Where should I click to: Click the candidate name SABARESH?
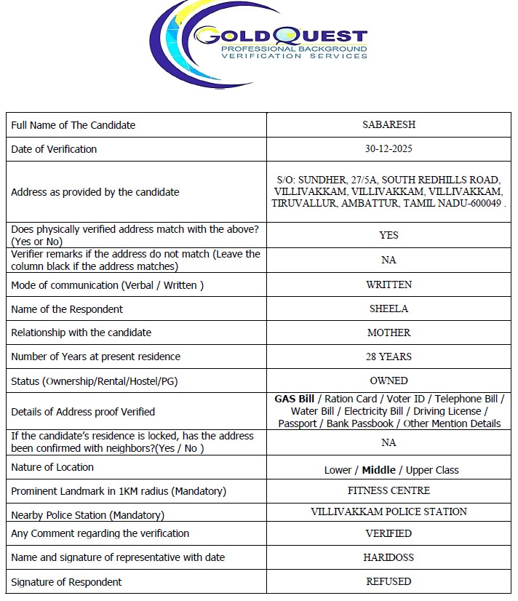(x=388, y=124)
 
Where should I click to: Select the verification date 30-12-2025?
(x=388, y=149)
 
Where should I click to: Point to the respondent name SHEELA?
(x=388, y=309)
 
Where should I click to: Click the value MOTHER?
(x=388, y=333)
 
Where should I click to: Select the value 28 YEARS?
(x=388, y=357)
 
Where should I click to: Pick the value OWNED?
(x=388, y=381)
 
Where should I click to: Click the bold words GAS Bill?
(x=294, y=399)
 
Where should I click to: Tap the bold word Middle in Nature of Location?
(x=378, y=470)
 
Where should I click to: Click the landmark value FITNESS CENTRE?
(x=388, y=490)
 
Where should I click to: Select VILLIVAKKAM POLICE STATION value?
(x=388, y=512)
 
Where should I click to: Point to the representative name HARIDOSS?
(x=388, y=557)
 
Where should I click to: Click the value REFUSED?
(x=388, y=581)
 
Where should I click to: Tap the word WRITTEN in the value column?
(x=388, y=284)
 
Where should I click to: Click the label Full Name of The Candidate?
(x=73, y=125)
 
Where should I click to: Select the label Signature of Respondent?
(x=66, y=582)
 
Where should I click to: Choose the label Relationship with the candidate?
(x=81, y=333)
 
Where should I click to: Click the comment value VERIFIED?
(x=388, y=533)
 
